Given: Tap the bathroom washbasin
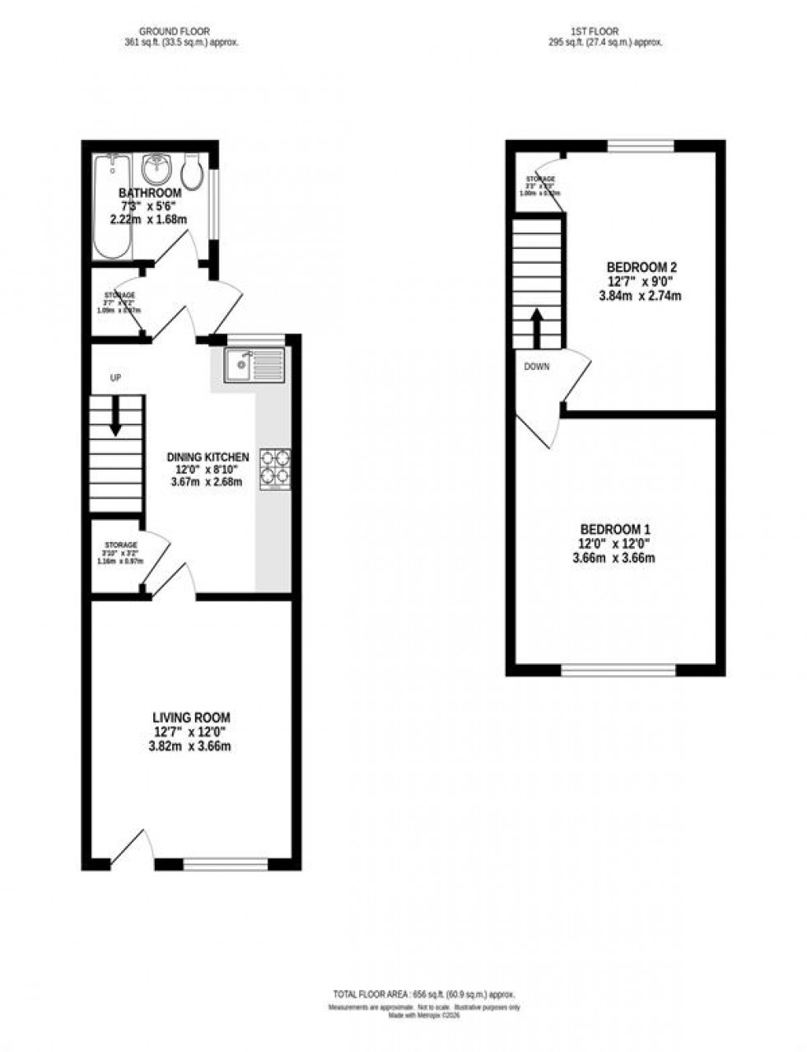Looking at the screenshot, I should coord(156,170).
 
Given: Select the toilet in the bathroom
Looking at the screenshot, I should coord(194,171).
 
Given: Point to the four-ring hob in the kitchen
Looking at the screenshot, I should coord(276,467).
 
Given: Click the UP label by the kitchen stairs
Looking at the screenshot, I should coord(116,377).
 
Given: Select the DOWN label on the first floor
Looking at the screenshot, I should coord(536,367).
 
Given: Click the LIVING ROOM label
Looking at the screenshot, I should coord(191,718).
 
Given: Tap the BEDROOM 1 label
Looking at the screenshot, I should coord(617,529).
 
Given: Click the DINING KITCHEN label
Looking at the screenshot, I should coord(208,457).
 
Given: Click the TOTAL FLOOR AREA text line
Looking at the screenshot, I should coord(423,994).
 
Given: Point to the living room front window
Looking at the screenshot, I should coord(226,864).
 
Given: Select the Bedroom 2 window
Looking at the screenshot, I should coord(641,147).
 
